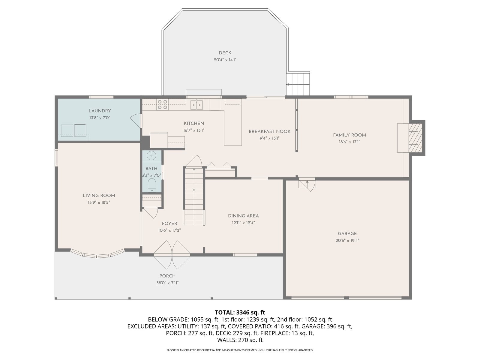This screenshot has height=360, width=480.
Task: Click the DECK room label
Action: pos(225,53)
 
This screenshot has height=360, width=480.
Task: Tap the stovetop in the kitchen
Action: pos(163,104)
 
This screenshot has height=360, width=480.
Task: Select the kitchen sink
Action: pos(196,105)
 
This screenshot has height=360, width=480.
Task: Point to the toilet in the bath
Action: pos(151,185)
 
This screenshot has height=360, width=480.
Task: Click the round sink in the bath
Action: pos(151,155)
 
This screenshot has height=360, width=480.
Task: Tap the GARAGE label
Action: pos(347,234)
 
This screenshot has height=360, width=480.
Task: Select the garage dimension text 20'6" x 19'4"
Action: pos(347,240)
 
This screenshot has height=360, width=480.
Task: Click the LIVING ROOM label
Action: pos(99,196)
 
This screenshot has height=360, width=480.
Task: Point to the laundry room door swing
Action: pos(136,121)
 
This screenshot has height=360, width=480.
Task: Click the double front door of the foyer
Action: pos(172,255)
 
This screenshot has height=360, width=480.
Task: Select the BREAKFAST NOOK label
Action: pos(270,132)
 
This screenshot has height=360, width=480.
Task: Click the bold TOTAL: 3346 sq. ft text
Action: pos(240,312)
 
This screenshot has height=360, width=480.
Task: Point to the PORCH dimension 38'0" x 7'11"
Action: pos(167,283)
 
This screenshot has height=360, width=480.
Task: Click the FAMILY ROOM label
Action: pos(349,135)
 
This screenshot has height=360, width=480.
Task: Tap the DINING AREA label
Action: pos(243,216)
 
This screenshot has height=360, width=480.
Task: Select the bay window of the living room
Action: pos(97,254)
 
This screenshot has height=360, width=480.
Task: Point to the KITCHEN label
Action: pos(194,124)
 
